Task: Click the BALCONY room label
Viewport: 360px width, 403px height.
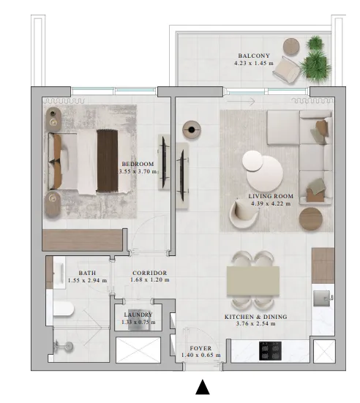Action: coord(254,56)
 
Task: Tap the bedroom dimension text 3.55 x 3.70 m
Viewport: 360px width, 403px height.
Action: coord(138,171)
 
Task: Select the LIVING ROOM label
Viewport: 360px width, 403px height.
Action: coord(271,196)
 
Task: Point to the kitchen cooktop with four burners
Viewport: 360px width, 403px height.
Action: coord(270,351)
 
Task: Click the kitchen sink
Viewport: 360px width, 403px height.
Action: coord(321,298)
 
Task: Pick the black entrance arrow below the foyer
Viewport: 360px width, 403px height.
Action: coord(203,387)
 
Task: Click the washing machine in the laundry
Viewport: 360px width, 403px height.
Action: coord(138,320)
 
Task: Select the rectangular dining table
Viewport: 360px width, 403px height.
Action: coord(253,281)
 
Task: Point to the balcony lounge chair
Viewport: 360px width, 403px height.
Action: coord(286,69)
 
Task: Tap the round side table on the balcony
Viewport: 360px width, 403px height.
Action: coord(291,47)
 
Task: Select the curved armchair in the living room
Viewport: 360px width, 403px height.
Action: coord(243,214)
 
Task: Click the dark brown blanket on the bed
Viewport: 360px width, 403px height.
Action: coord(108,161)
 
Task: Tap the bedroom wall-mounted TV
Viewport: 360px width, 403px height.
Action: coord(164,162)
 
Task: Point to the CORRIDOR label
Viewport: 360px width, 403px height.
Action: coord(150,273)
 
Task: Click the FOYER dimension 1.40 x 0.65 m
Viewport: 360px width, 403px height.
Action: coord(200,355)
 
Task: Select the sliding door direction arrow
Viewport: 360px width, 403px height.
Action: coord(241,102)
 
